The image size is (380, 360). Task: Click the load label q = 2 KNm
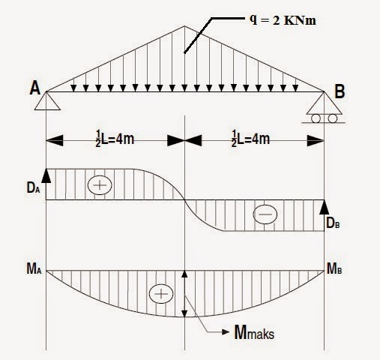[283, 19]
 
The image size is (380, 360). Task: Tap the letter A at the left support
[35, 88]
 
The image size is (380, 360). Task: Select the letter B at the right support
[340, 91]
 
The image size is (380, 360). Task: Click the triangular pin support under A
[47, 101]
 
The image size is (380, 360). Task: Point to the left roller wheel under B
[316, 118]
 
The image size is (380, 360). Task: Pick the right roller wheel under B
[333, 118]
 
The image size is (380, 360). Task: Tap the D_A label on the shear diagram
[33, 187]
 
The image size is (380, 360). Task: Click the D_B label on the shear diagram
[333, 223]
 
